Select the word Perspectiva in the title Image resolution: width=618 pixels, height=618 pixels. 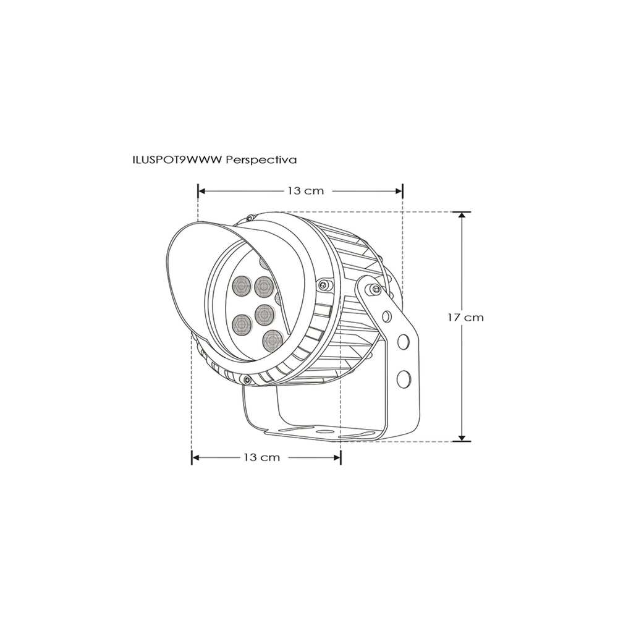click(262, 159)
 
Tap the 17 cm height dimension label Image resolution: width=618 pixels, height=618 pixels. click(465, 317)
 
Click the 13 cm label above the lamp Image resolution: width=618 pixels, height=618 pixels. click(305, 191)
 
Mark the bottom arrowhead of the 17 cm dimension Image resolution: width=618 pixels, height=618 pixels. click(461, 438)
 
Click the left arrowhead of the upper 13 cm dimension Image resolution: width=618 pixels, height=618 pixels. click(201, 191)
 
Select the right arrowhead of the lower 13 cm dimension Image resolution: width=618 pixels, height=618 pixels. click(337, 457)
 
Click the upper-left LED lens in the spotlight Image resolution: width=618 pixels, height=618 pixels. click(240, 286)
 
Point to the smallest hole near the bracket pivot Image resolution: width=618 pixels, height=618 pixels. click(387, 317)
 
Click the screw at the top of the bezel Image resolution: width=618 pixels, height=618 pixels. click(250, 218)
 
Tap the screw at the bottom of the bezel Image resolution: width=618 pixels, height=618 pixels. click(247, 379)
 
